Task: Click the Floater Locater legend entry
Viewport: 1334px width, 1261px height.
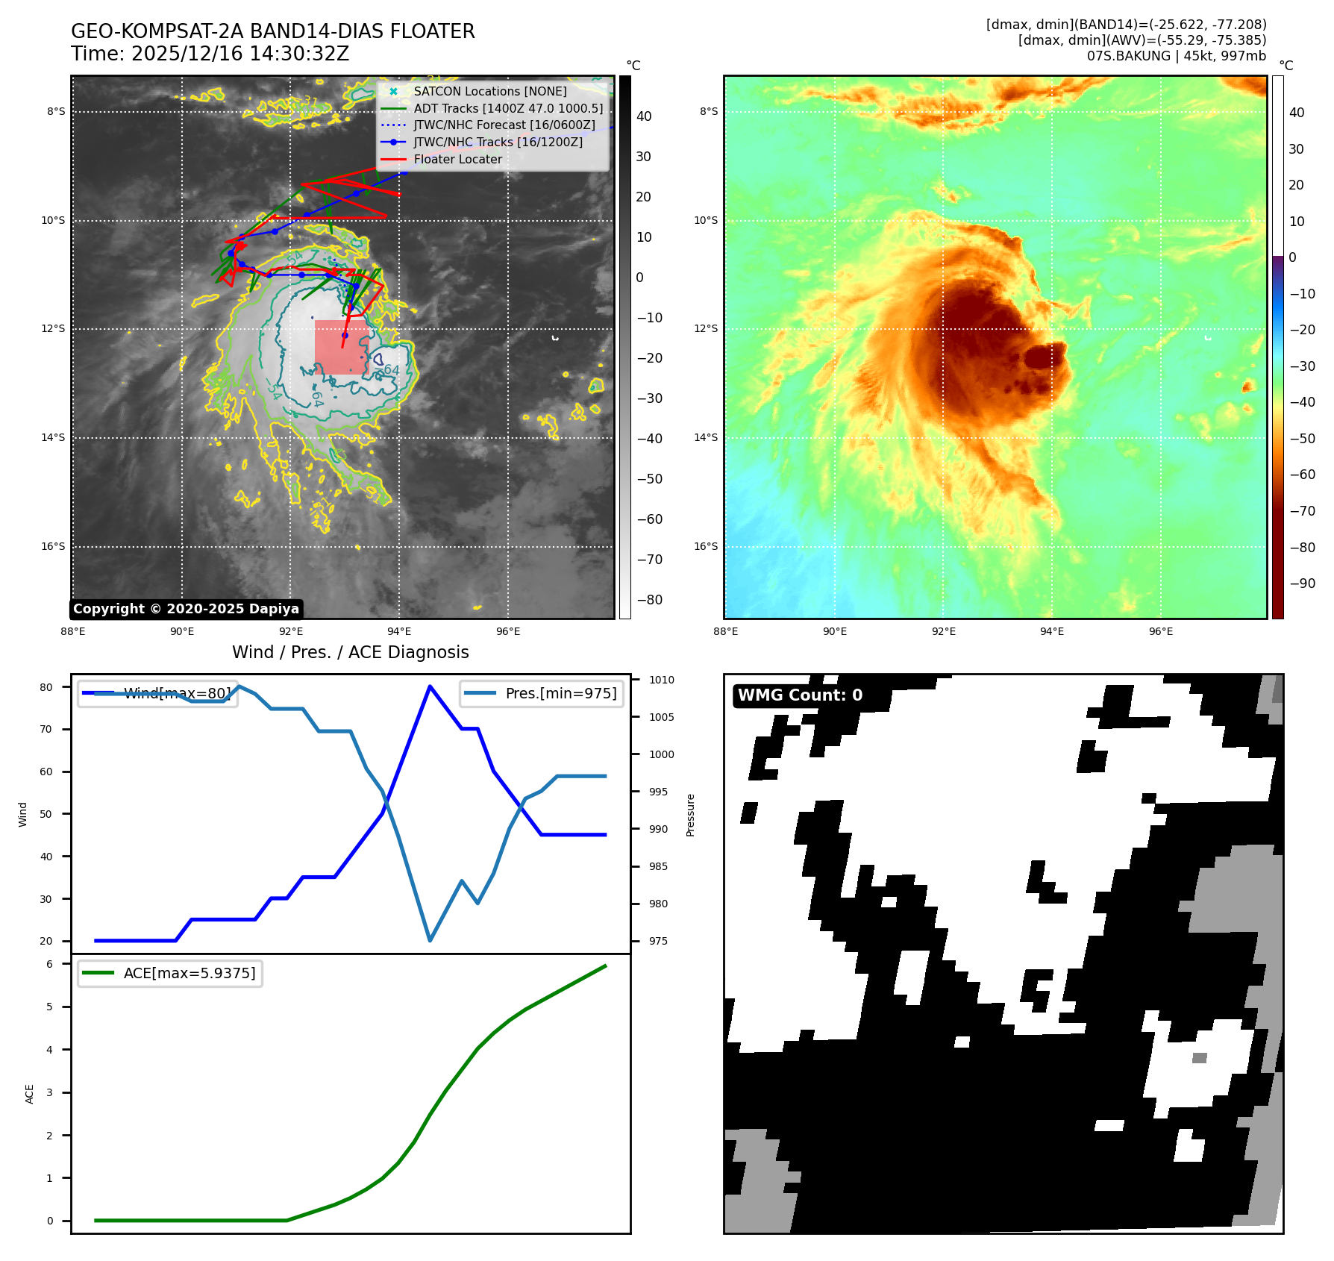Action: pyautogui.click(x=457, y=159)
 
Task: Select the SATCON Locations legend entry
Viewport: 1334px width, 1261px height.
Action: pyautogui.click(x=489, y=91)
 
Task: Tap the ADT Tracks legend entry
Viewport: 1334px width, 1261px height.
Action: pyautogui.click(x=507, y=108)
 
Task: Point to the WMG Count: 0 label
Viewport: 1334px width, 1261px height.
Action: pyautogui.click(x=800, y=695)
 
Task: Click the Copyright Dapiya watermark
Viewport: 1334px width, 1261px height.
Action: pyautogui.click(x=186, y=609)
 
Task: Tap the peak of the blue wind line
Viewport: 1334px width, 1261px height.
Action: pyautogui.click(x=430, y=686)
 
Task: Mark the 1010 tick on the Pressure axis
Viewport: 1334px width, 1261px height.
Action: pyautogui.click(x=661, y=680)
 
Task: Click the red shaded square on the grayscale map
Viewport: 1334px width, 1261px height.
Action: pyautogui.click(x=341, y=347)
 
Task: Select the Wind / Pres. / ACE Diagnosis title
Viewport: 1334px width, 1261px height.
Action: pyautogui.click(x=351, y=652)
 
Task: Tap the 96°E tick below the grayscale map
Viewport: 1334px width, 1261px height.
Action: pyautogui.click(x=508, y=631)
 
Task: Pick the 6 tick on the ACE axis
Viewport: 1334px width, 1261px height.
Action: pyautogui.click(x=50, y=964)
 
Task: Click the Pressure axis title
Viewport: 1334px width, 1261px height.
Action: pyautogui.click(x=690, y=815)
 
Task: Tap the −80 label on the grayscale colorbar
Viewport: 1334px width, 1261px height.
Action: pyautogui.click(x=649, y=600)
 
